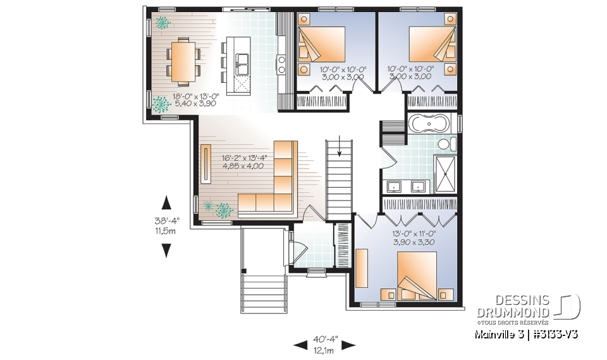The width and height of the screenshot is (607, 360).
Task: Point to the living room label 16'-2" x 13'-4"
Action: pyautogui.click(x=243, y=162)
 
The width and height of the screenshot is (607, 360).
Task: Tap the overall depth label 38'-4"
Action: pyautogui.click(x=167, y=225)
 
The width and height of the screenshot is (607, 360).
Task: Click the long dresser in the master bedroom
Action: pyautogui.click(x=362, y=267)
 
